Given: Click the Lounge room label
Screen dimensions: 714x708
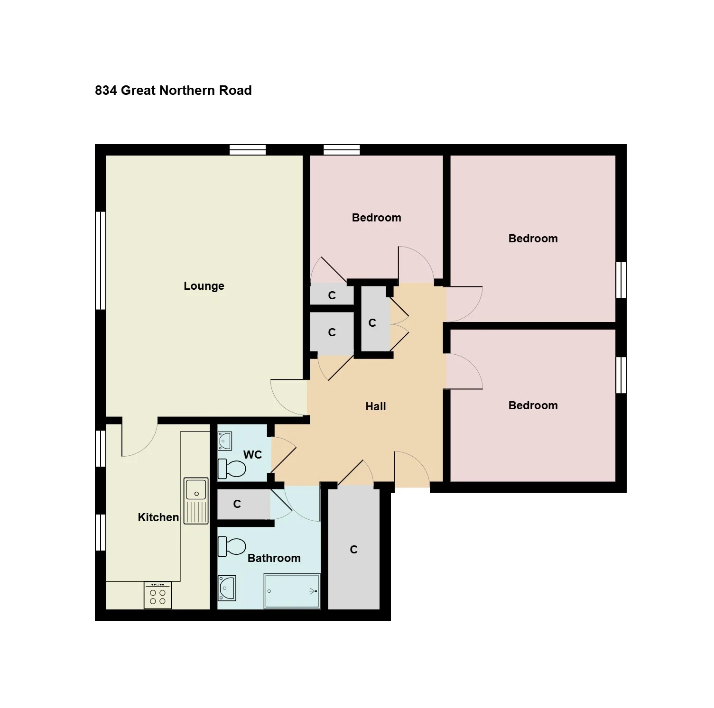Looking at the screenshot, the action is coord(204,286).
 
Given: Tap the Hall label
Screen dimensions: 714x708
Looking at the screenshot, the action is coord(376,406).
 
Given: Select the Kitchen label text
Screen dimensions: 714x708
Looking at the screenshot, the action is coord(158,517).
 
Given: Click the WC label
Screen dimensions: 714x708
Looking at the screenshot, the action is coord(252,455).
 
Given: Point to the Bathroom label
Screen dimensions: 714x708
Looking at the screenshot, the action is coord(274,558).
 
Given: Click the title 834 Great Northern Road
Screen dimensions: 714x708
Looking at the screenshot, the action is coord(173,91).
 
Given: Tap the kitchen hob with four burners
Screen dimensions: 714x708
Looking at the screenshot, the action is coord(158,595).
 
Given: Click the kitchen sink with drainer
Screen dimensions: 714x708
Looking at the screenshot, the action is coord(196,501).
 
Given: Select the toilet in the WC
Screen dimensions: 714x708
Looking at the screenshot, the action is coord(232,469).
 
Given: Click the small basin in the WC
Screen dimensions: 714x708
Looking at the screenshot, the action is coord(225,441).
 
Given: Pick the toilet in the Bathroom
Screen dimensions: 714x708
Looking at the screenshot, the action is coord(232,547).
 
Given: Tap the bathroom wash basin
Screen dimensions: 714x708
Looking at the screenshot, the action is coord(227,588).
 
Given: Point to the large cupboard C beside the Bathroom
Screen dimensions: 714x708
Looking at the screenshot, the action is coord(354,550).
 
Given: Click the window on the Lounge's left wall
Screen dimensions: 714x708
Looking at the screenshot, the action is coord(100,261).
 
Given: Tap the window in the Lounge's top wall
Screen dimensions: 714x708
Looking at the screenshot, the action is coord(248,150).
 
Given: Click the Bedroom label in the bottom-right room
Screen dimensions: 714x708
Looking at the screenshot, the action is coord(533,405).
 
